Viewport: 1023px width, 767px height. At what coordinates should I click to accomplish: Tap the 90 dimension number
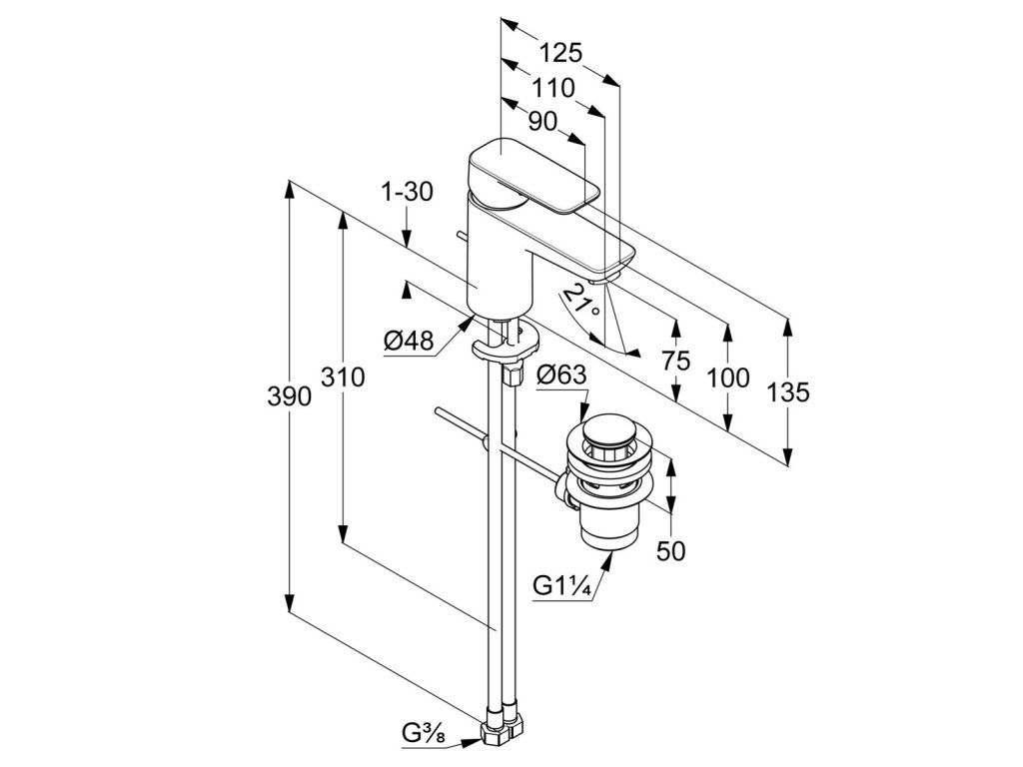click(x=541, y=122)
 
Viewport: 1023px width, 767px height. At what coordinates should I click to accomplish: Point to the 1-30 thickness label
click(x=408, y=192)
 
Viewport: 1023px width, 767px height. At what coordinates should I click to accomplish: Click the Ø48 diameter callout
click(x=409, y=343)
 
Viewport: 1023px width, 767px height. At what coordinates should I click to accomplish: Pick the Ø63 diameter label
click(x=561, y=377)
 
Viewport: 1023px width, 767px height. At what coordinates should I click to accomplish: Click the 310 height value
click(x=343, y=379)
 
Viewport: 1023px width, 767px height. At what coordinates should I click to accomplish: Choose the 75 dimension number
click(x=676, y=362)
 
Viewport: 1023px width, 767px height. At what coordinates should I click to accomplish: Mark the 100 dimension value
click(x=728, y=378)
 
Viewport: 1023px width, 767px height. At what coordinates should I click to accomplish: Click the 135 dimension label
click(x=789, y=392)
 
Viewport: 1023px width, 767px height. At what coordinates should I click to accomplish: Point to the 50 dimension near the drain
click(x=672, y=551)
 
